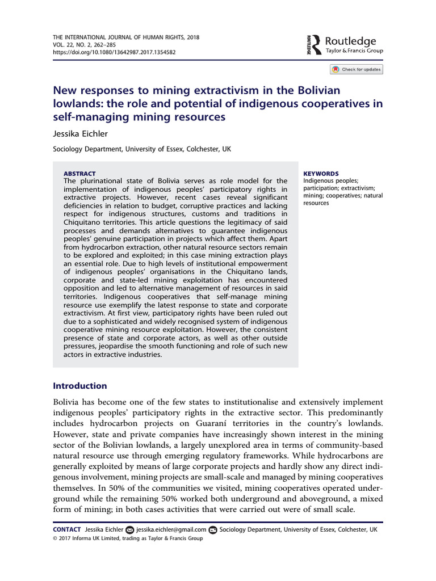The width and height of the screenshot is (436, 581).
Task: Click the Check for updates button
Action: [357, 69]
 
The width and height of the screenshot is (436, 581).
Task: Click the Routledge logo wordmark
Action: [350, 41]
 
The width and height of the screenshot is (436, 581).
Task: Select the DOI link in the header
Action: [114, 52]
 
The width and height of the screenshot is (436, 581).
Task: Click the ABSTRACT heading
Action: [79, 174]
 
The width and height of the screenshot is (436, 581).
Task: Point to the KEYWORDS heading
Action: [321, 174]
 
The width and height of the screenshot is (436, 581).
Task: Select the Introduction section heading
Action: [79, 386]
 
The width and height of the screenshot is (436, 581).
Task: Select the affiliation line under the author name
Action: [142, 149]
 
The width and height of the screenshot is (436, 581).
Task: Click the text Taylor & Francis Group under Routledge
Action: [354, 51]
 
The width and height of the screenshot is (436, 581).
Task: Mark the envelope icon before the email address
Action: [129, 530]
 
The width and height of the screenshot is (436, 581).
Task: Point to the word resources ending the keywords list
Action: [316, 203]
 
